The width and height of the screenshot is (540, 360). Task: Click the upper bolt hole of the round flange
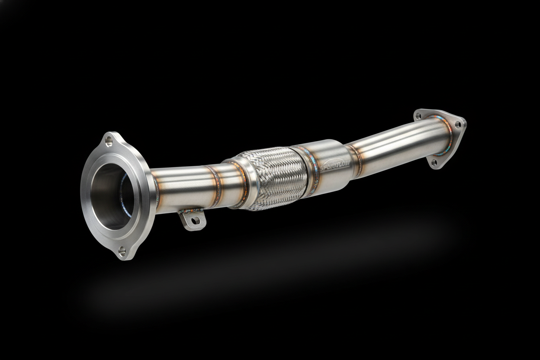coord(109,141)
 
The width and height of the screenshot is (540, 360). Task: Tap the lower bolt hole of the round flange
coord(122,250)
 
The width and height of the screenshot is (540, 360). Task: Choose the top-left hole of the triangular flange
coord(418,116)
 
